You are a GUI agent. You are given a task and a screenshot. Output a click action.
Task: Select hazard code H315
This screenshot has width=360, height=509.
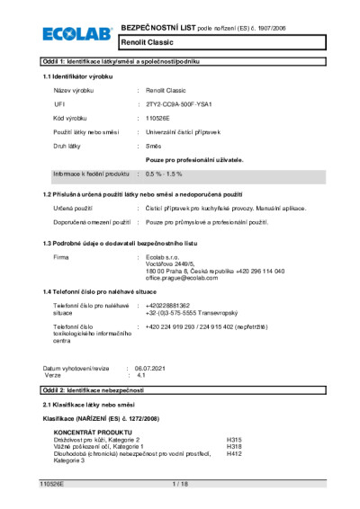coord(234,439)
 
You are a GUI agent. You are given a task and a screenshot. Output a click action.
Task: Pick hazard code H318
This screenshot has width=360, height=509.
coord(234,446)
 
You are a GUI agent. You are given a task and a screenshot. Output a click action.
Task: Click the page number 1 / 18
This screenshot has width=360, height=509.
coord(180,484)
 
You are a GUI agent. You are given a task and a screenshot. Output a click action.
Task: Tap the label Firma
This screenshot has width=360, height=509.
coord(61,257)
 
